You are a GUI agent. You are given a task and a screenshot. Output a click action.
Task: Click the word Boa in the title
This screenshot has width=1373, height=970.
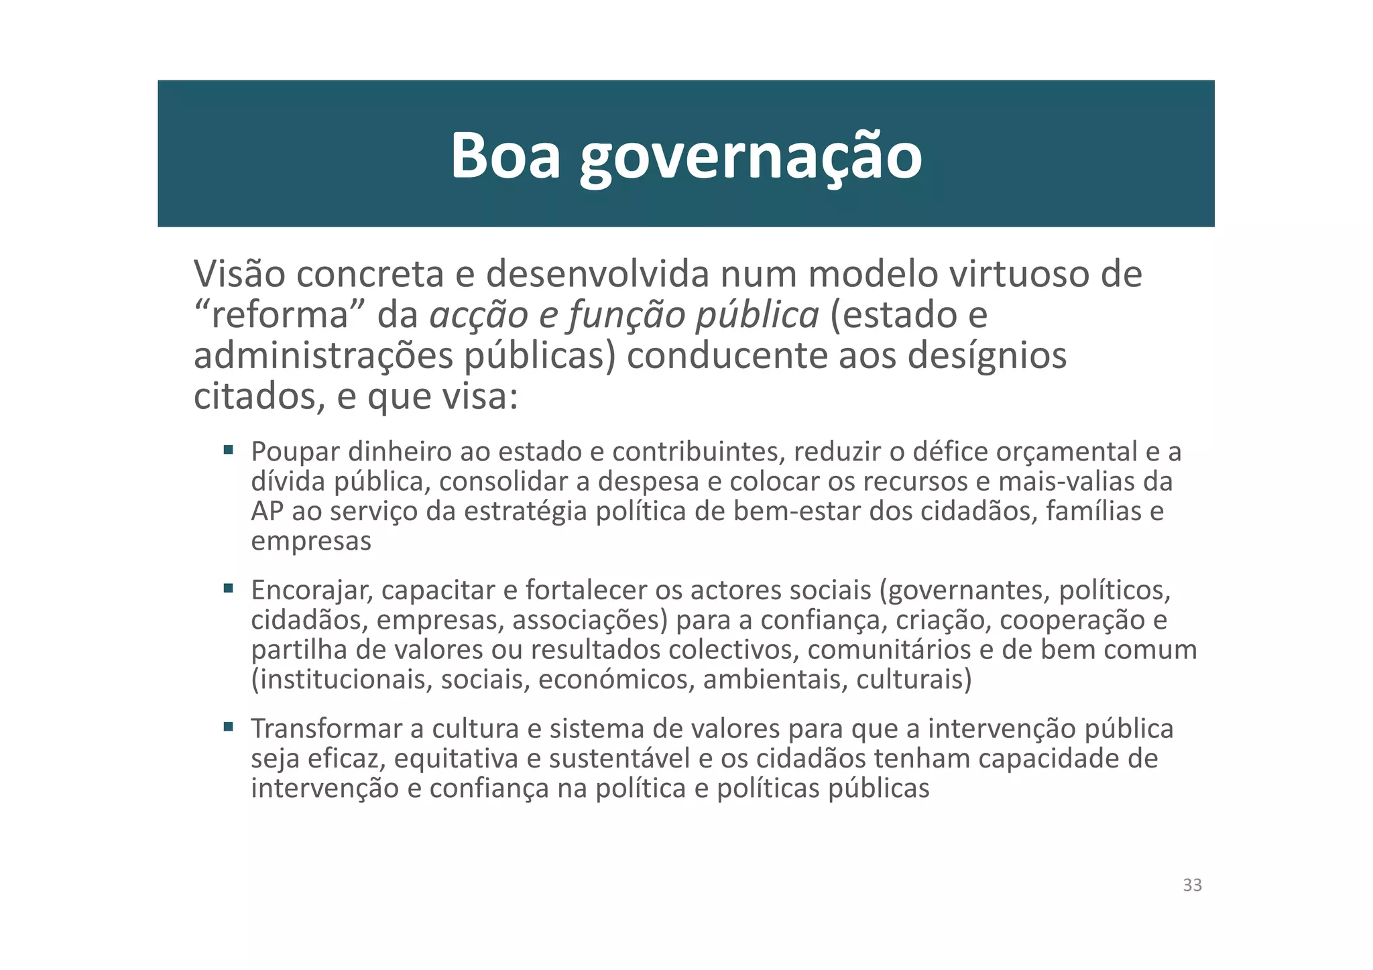click(x=505, y=156)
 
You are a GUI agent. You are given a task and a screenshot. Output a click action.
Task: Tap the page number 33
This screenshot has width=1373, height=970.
click(x=1192, y=885)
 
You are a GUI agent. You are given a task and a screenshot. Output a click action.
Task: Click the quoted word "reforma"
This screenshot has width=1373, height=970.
click(x=279, y=315)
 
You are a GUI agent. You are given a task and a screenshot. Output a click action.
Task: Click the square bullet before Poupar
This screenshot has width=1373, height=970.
click(x=229, y=449)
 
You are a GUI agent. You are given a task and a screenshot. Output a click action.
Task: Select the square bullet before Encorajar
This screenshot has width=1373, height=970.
click(x=229, y=588)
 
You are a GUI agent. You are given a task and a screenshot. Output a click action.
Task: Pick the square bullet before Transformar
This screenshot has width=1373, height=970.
click(x=229, y=726)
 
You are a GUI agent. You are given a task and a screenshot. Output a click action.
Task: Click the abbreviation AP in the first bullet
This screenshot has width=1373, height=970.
click(x=267, y=511)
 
